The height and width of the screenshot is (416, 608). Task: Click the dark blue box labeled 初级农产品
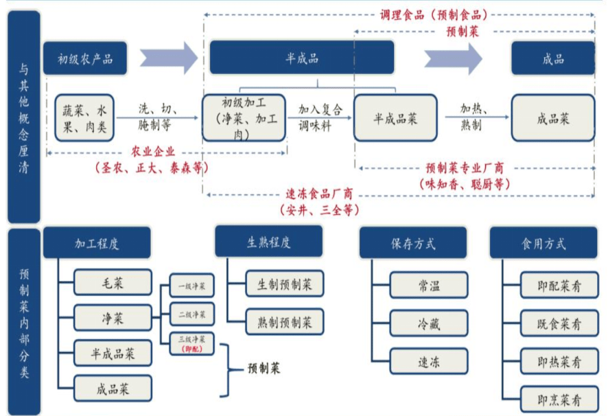(x=86, y=58)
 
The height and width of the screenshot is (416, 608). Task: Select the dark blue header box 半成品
(x=302, y=58)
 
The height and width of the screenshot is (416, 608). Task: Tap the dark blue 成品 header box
(x=552, y=58)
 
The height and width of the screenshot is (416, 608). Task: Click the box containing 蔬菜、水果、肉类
(x=84, y=117)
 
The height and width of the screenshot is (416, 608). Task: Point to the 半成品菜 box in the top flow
(x=395, y=117)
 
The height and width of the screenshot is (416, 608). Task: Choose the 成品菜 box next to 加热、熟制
(x=552, y=118)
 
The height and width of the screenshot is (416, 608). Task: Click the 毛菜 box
(x=113, y=281)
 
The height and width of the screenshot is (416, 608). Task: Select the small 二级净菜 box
(x=191, y=314)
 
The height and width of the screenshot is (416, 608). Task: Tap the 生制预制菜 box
(x=285, y=284)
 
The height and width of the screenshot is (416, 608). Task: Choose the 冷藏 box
(x=429, y=323)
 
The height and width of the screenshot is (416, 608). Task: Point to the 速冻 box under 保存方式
(x=429, y=361)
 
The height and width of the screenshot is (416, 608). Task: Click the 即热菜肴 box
(x=559, y=360)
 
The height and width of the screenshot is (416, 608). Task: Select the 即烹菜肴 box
(x=559, y=399)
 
